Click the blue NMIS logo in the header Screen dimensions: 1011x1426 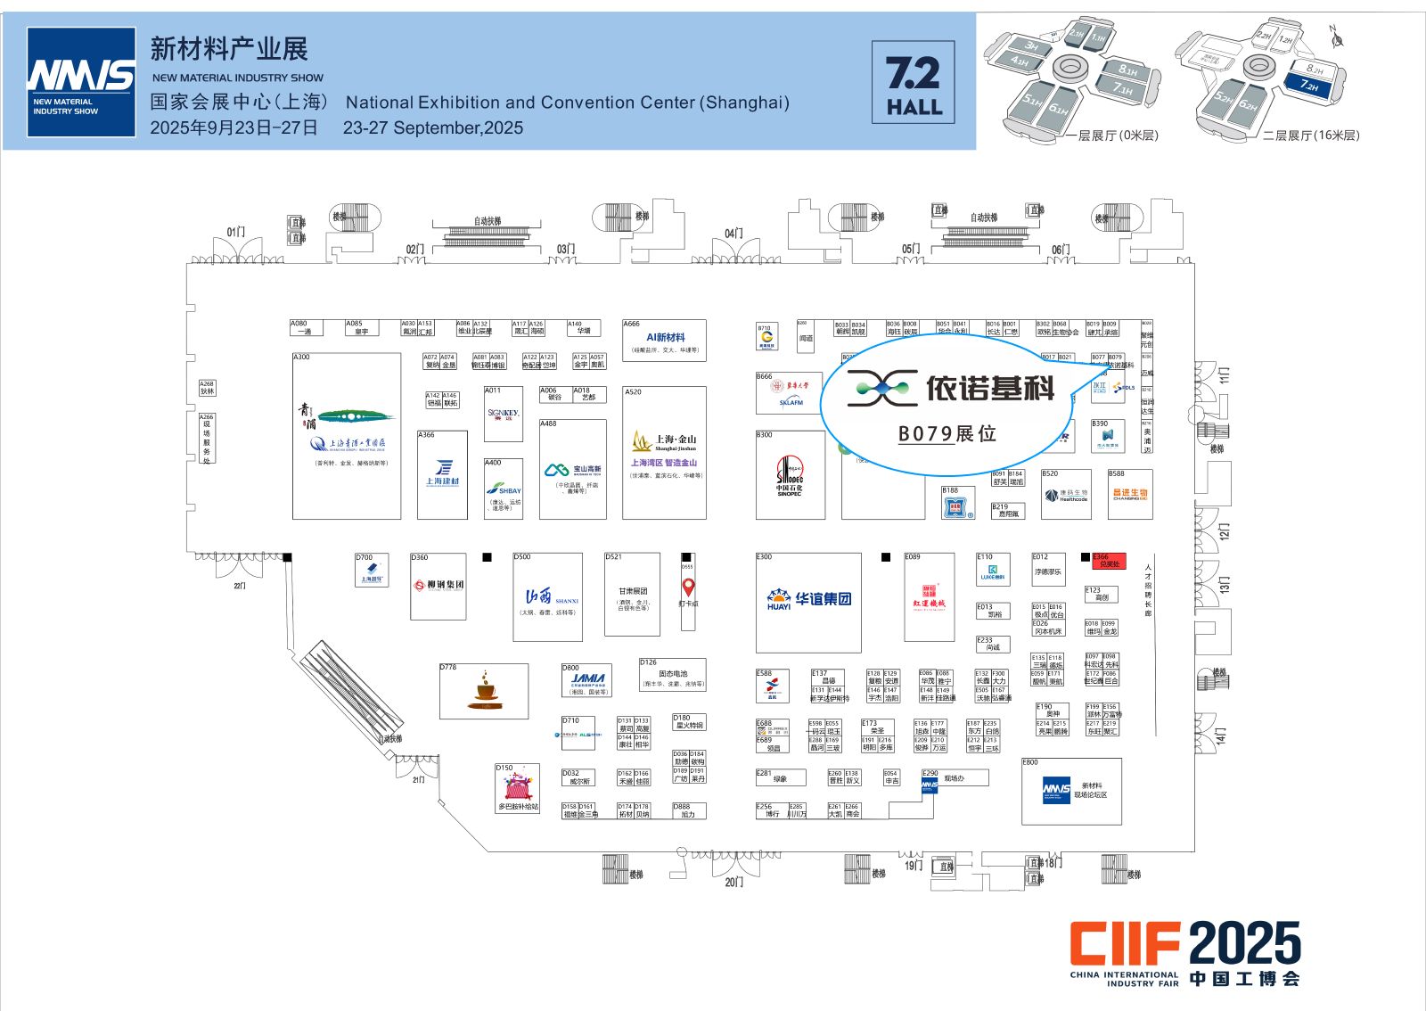(x=81, y=82)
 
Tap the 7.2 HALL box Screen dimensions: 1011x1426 (x=913, y=82)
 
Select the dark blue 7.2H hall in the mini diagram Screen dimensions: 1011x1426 (x=1308, y=86)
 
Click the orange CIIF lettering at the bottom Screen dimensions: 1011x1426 (x=1126, y=943)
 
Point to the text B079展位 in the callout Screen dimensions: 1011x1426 (x=947, y=434)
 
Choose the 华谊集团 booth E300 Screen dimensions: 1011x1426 (x=808, y=602)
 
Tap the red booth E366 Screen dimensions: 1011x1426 (x=1109, y=561)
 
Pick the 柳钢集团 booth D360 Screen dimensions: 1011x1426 (x=438, y=586)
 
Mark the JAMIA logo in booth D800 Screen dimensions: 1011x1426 (x=588, y=679)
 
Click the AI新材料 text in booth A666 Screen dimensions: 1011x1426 (x=665, y=337)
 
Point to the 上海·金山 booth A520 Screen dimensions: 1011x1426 (x=664, y=453)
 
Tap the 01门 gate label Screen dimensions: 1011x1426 (x=235, y=232)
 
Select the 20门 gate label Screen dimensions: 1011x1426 (x=733, y=882)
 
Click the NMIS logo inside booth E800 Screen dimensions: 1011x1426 (x=1056, y=789)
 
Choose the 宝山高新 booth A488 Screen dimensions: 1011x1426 (x=572, y=470)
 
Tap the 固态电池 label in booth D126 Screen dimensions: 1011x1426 (x=673, y=673)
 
